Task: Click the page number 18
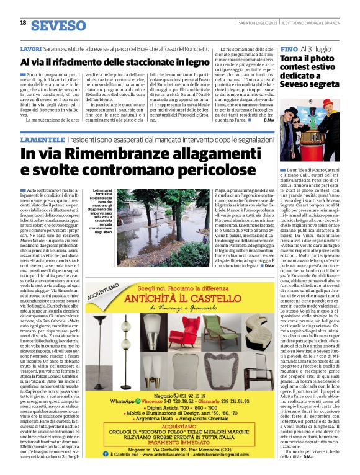[x=23, y=23]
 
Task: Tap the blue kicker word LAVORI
[x=31, y=48]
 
